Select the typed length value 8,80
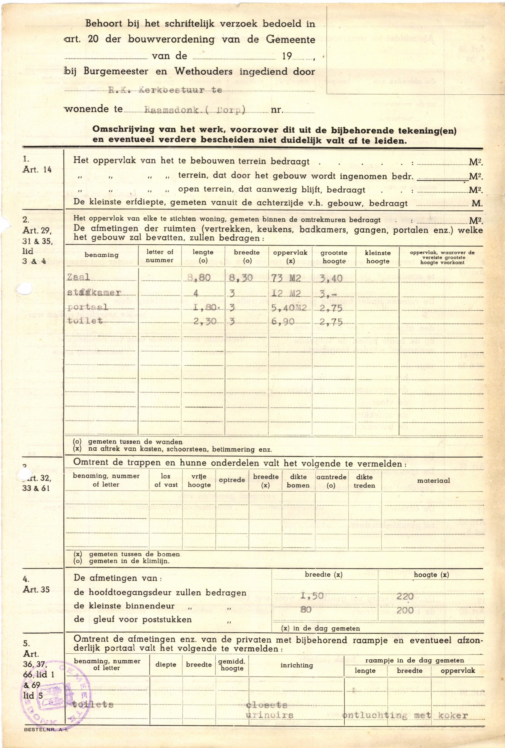point(199,277)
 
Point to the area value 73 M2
point(287,277)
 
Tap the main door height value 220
point(405,597)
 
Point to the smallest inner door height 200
point(405,610)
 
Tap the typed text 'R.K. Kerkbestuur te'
point(165,90)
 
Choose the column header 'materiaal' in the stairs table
point(433,481)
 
